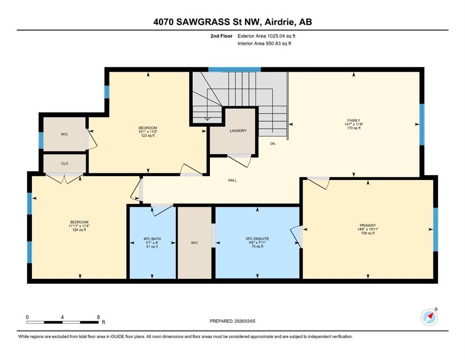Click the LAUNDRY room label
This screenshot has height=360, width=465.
[x=238, y=131]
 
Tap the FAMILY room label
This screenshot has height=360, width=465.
[x=354, y=120]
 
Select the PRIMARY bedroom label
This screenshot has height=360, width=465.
[x=368, y=225]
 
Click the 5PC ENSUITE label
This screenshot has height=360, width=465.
[x=257, y=239]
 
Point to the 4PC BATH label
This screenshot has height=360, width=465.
[x=152, y=239]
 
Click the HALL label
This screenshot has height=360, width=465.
[x=232, y=180]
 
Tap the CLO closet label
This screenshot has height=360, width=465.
[x=64, y=164]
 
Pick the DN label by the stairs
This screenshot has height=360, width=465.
[x=273, y=143]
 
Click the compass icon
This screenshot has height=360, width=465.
[x=429, y=317]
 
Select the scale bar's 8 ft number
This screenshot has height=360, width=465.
[x=98, y=317]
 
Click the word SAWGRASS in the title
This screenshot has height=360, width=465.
[x=203, y=22]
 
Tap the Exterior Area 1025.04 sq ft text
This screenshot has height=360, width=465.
[x=266, y=36]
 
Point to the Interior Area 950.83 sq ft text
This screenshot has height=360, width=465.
[x=264, y=43]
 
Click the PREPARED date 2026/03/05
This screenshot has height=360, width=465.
[x=244, y=321]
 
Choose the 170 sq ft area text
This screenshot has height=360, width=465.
[x=354, y=128]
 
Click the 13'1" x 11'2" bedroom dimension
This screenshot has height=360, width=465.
[x=148, y=132]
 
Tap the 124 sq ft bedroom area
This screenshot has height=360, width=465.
[x=79, y=230]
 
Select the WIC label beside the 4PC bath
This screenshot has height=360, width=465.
[x=194, y=243]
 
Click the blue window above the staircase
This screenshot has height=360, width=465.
[x=234, y=70]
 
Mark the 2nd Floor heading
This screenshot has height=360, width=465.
[x=221, y=36]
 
